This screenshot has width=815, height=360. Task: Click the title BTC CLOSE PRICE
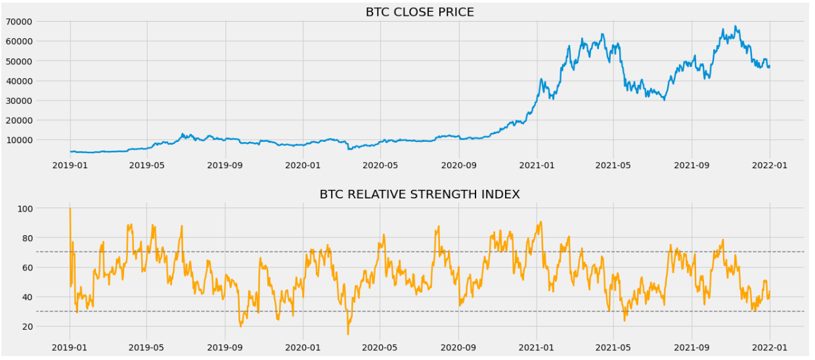point(420,12)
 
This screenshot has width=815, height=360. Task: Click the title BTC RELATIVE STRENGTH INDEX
point(420,194)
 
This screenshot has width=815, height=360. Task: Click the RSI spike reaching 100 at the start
point(70,209)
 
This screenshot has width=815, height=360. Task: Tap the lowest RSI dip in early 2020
point(348,334)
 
